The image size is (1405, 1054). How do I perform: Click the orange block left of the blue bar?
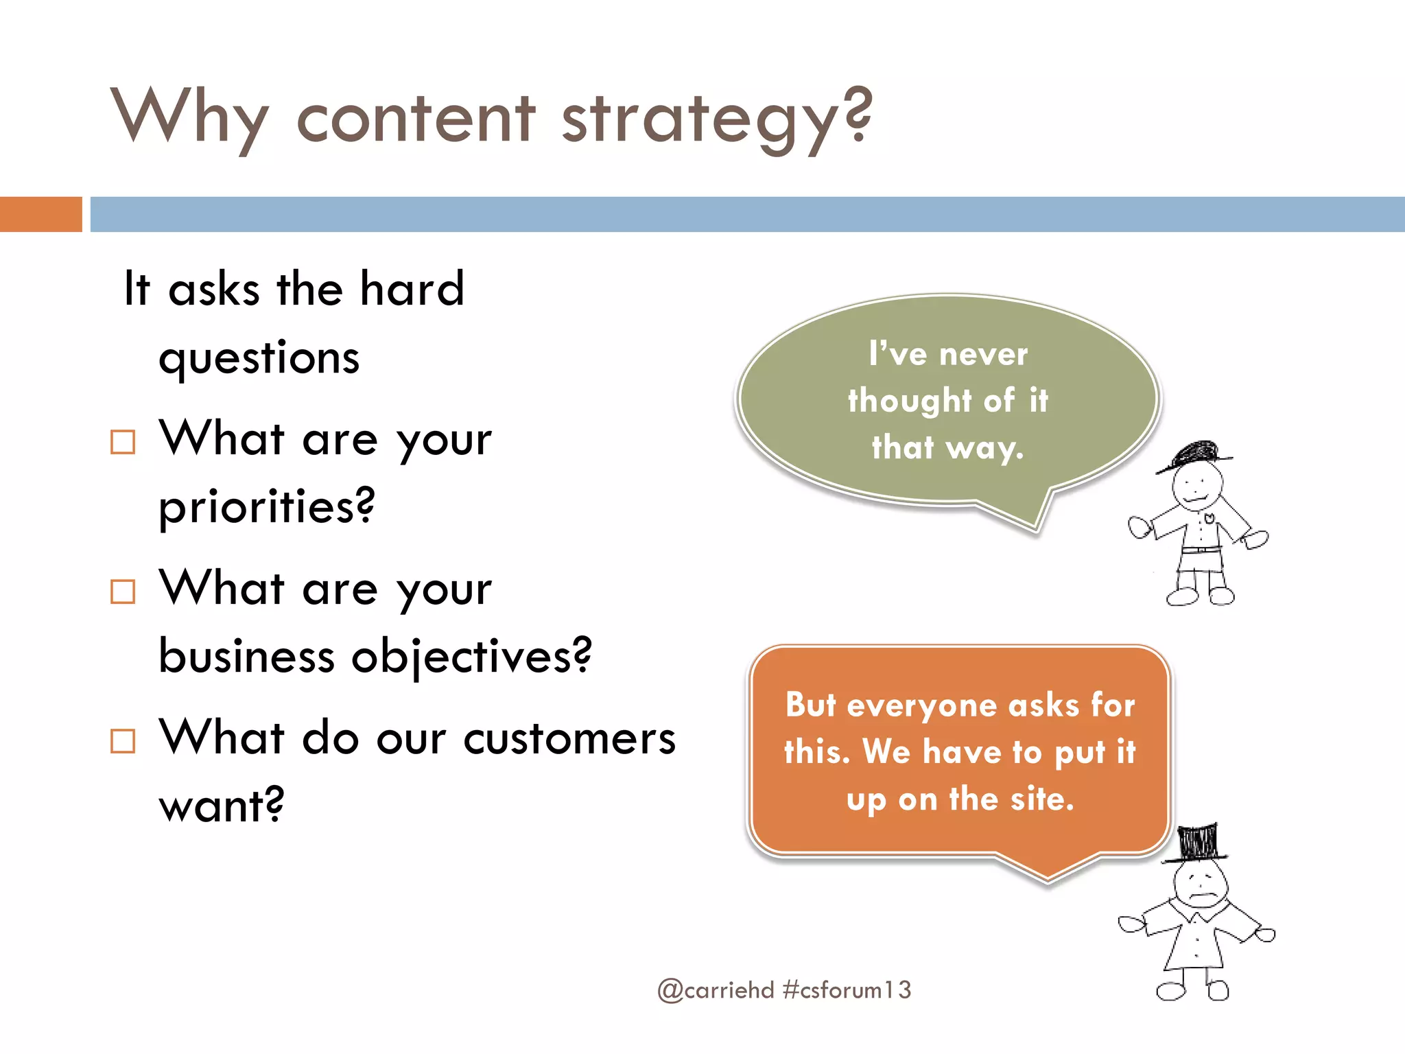pyautogui.click(x=40, y=214)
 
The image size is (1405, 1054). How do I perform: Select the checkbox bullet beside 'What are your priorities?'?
pyautogui.click(x=123, y=442)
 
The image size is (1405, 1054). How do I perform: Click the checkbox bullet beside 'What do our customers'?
pyautogui.click(x=123, y=741)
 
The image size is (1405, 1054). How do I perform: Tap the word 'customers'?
pyautogui.click(x=569, y=739)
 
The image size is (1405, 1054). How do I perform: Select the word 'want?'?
pyautogui.click(x=221, y=805)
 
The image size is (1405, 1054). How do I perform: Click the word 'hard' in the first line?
pyautogui.click(x=412, y=289)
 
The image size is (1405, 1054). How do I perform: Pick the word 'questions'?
pyautogui.click(x=259, y=359)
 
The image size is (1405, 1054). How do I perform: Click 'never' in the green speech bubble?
pyautogui.click(x=983, y=355)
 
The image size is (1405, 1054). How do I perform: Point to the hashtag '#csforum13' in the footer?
pyautogui.click(x=847, y=990)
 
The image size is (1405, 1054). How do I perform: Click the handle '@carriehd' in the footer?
pyautogui.click(x=716, y=990)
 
